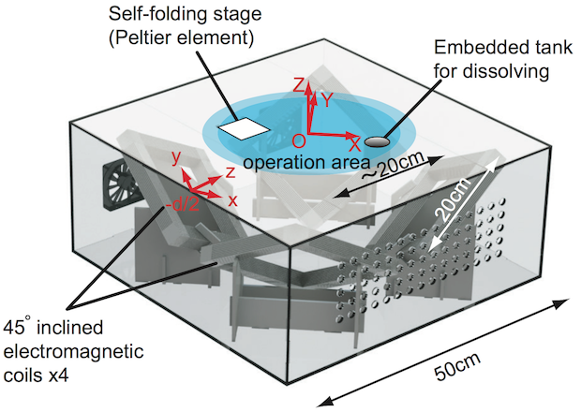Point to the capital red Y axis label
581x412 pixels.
[327, 97]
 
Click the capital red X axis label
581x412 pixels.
[354, 146]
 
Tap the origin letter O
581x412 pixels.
[297, 141]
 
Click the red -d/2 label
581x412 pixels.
[180, 205]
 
